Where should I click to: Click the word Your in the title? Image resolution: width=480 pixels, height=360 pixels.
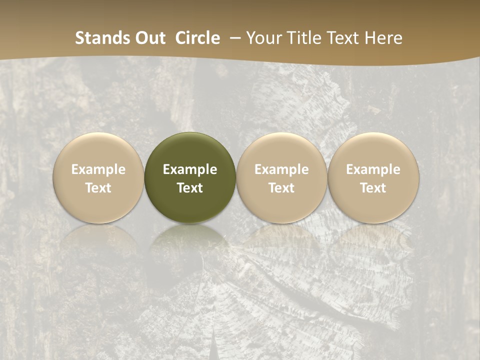tap(262, 38)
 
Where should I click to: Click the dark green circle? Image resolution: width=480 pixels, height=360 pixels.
tap(190, 150)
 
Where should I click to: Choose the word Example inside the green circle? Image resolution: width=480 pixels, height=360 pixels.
tap(190, 169)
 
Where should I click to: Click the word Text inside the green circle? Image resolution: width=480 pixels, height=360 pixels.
tap(190, 188)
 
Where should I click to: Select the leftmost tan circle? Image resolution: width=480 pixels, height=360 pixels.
tap(98, 150)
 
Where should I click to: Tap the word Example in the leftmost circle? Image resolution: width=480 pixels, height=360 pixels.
tap(98, 169)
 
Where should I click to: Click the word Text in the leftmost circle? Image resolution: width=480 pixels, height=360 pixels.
tap(98, 188)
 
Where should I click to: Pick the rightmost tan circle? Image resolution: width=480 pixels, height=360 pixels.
tap(373, 150)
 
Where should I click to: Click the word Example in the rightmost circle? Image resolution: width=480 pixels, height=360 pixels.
tap(373, 169)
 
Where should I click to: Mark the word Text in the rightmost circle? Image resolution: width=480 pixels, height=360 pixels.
tap(373, 188)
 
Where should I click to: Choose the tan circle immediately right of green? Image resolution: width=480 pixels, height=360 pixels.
tap(281, 150)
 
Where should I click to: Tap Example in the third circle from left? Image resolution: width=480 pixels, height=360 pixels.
tap(281, 169)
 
